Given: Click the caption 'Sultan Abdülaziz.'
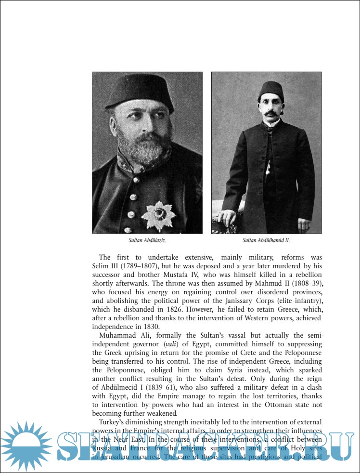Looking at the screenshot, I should pos(147,239).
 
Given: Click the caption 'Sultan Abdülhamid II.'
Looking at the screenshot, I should pos(266,239).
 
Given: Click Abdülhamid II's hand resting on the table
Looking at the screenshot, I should pos(224,215).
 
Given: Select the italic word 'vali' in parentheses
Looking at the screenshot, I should pos(169,344).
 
